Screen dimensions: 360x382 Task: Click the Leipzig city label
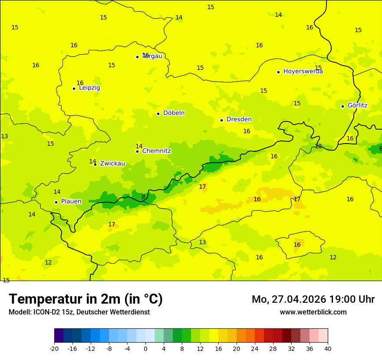(89, 88)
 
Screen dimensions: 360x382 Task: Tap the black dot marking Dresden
(221, 120)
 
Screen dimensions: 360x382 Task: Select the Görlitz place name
(357, 105)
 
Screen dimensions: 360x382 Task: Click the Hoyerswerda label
(303, 72)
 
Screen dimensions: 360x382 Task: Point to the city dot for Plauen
(56, 202)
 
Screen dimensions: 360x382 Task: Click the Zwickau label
(112, 164)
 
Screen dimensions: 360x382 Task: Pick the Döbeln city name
(174, 113)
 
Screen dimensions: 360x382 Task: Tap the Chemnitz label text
(156, 151)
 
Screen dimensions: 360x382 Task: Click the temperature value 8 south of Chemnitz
(143, 196)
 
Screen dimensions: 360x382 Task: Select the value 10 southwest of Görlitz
(318, 147)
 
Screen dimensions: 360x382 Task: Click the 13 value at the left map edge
(4, 136)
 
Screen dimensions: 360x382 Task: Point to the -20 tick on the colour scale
(54, 348)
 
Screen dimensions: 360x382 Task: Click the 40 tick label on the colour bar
(328, 348)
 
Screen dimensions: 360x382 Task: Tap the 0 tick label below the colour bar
(145, 348)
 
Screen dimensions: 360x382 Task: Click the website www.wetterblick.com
(313, 312)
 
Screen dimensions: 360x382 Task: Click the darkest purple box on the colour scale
(59, 336)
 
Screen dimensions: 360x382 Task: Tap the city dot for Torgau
(137, 57)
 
